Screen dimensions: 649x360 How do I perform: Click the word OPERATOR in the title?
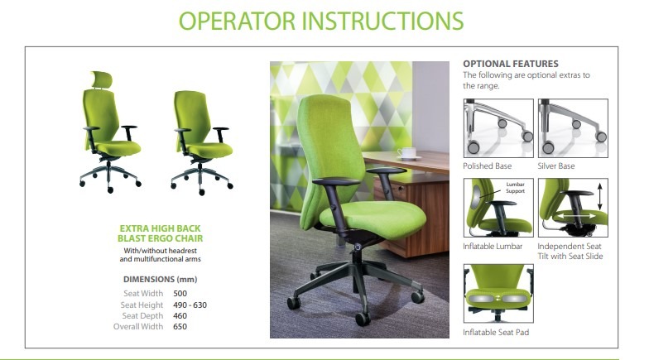pyautogui.click(x=237, y=22)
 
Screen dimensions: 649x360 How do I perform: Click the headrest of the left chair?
pyautogui.click(x=102, y=79)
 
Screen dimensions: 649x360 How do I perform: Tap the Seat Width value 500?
pyautogui.click(x=180, y=293)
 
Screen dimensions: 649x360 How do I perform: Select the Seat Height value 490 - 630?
pyautogui.click(x=190, y=305)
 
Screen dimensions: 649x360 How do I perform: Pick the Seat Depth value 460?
pyautogui.click(x=180, y=316)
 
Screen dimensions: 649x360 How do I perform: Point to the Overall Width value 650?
pyautogui.click(x=180, y=326)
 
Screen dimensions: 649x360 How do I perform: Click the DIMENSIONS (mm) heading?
pyautogui.click(x=161, y=280)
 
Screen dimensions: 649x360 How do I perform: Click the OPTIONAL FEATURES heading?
pyautogui.click(x=511, y=64)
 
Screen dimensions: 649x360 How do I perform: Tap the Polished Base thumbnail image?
pyautogui.click(x=498, y=128)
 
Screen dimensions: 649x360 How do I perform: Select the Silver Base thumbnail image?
pyautogui.click(x=573, y=128)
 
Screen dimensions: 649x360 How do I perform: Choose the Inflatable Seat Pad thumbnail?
pyautogui.click(x=498, y=293)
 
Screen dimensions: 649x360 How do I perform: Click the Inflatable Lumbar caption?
pyautogui.click(x=493, y=247)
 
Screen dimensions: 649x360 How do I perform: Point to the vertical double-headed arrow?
pyautogui.click(x=599, y=197)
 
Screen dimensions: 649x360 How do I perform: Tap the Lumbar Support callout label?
pyautogui.click(x=515, y=187)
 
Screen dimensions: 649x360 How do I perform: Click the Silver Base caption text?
pyautogui.click(x=556, y=166)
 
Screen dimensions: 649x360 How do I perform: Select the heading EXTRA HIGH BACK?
pyautogui.click(x=160, y=228)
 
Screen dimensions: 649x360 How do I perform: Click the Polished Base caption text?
pyautogui.click(x=487, y=166)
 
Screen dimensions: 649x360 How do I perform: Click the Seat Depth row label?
pyautogui.click(x=142, y=316)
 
